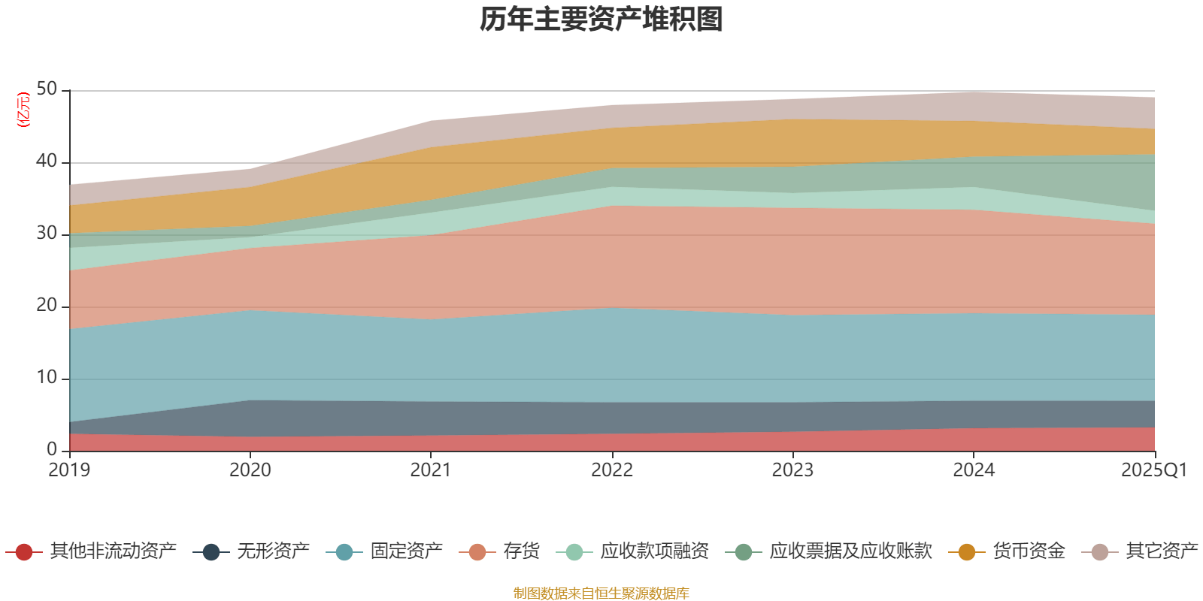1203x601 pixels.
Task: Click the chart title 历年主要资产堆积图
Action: [x=601, y=20]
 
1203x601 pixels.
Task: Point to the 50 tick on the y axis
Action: [x=47, y=89]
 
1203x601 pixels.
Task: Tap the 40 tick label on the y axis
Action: [x=47, y=162]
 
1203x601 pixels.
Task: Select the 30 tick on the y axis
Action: [x=47, y=234]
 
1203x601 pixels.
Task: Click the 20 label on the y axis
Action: [x=47, y=306]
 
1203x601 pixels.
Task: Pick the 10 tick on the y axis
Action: [x=47, y=378]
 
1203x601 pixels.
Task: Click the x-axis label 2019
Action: [x=69, y=470]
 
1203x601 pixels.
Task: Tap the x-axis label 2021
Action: [x=430, y=470]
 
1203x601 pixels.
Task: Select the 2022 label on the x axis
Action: [x=611, y=470]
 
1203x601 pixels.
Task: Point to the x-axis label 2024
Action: [x=974, y=470]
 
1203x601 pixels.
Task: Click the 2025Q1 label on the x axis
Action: [x=1153, y=470]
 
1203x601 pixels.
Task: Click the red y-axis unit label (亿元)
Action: [x=23, y=110]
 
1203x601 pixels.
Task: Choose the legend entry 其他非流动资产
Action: [x=113, y=551]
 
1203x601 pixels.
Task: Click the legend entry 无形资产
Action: [x=273, y=551]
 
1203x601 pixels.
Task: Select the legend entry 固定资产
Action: [x=406, y=551]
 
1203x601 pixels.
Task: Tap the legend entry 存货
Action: [x=521, y=551]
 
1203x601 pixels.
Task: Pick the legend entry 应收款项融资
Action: [x=654, y=551]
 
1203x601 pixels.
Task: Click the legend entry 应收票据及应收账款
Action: [x=850, y=551]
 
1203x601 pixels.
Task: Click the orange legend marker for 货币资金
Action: [x=967, y=552]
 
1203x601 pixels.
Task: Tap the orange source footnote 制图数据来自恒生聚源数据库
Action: [x=601, y=593]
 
